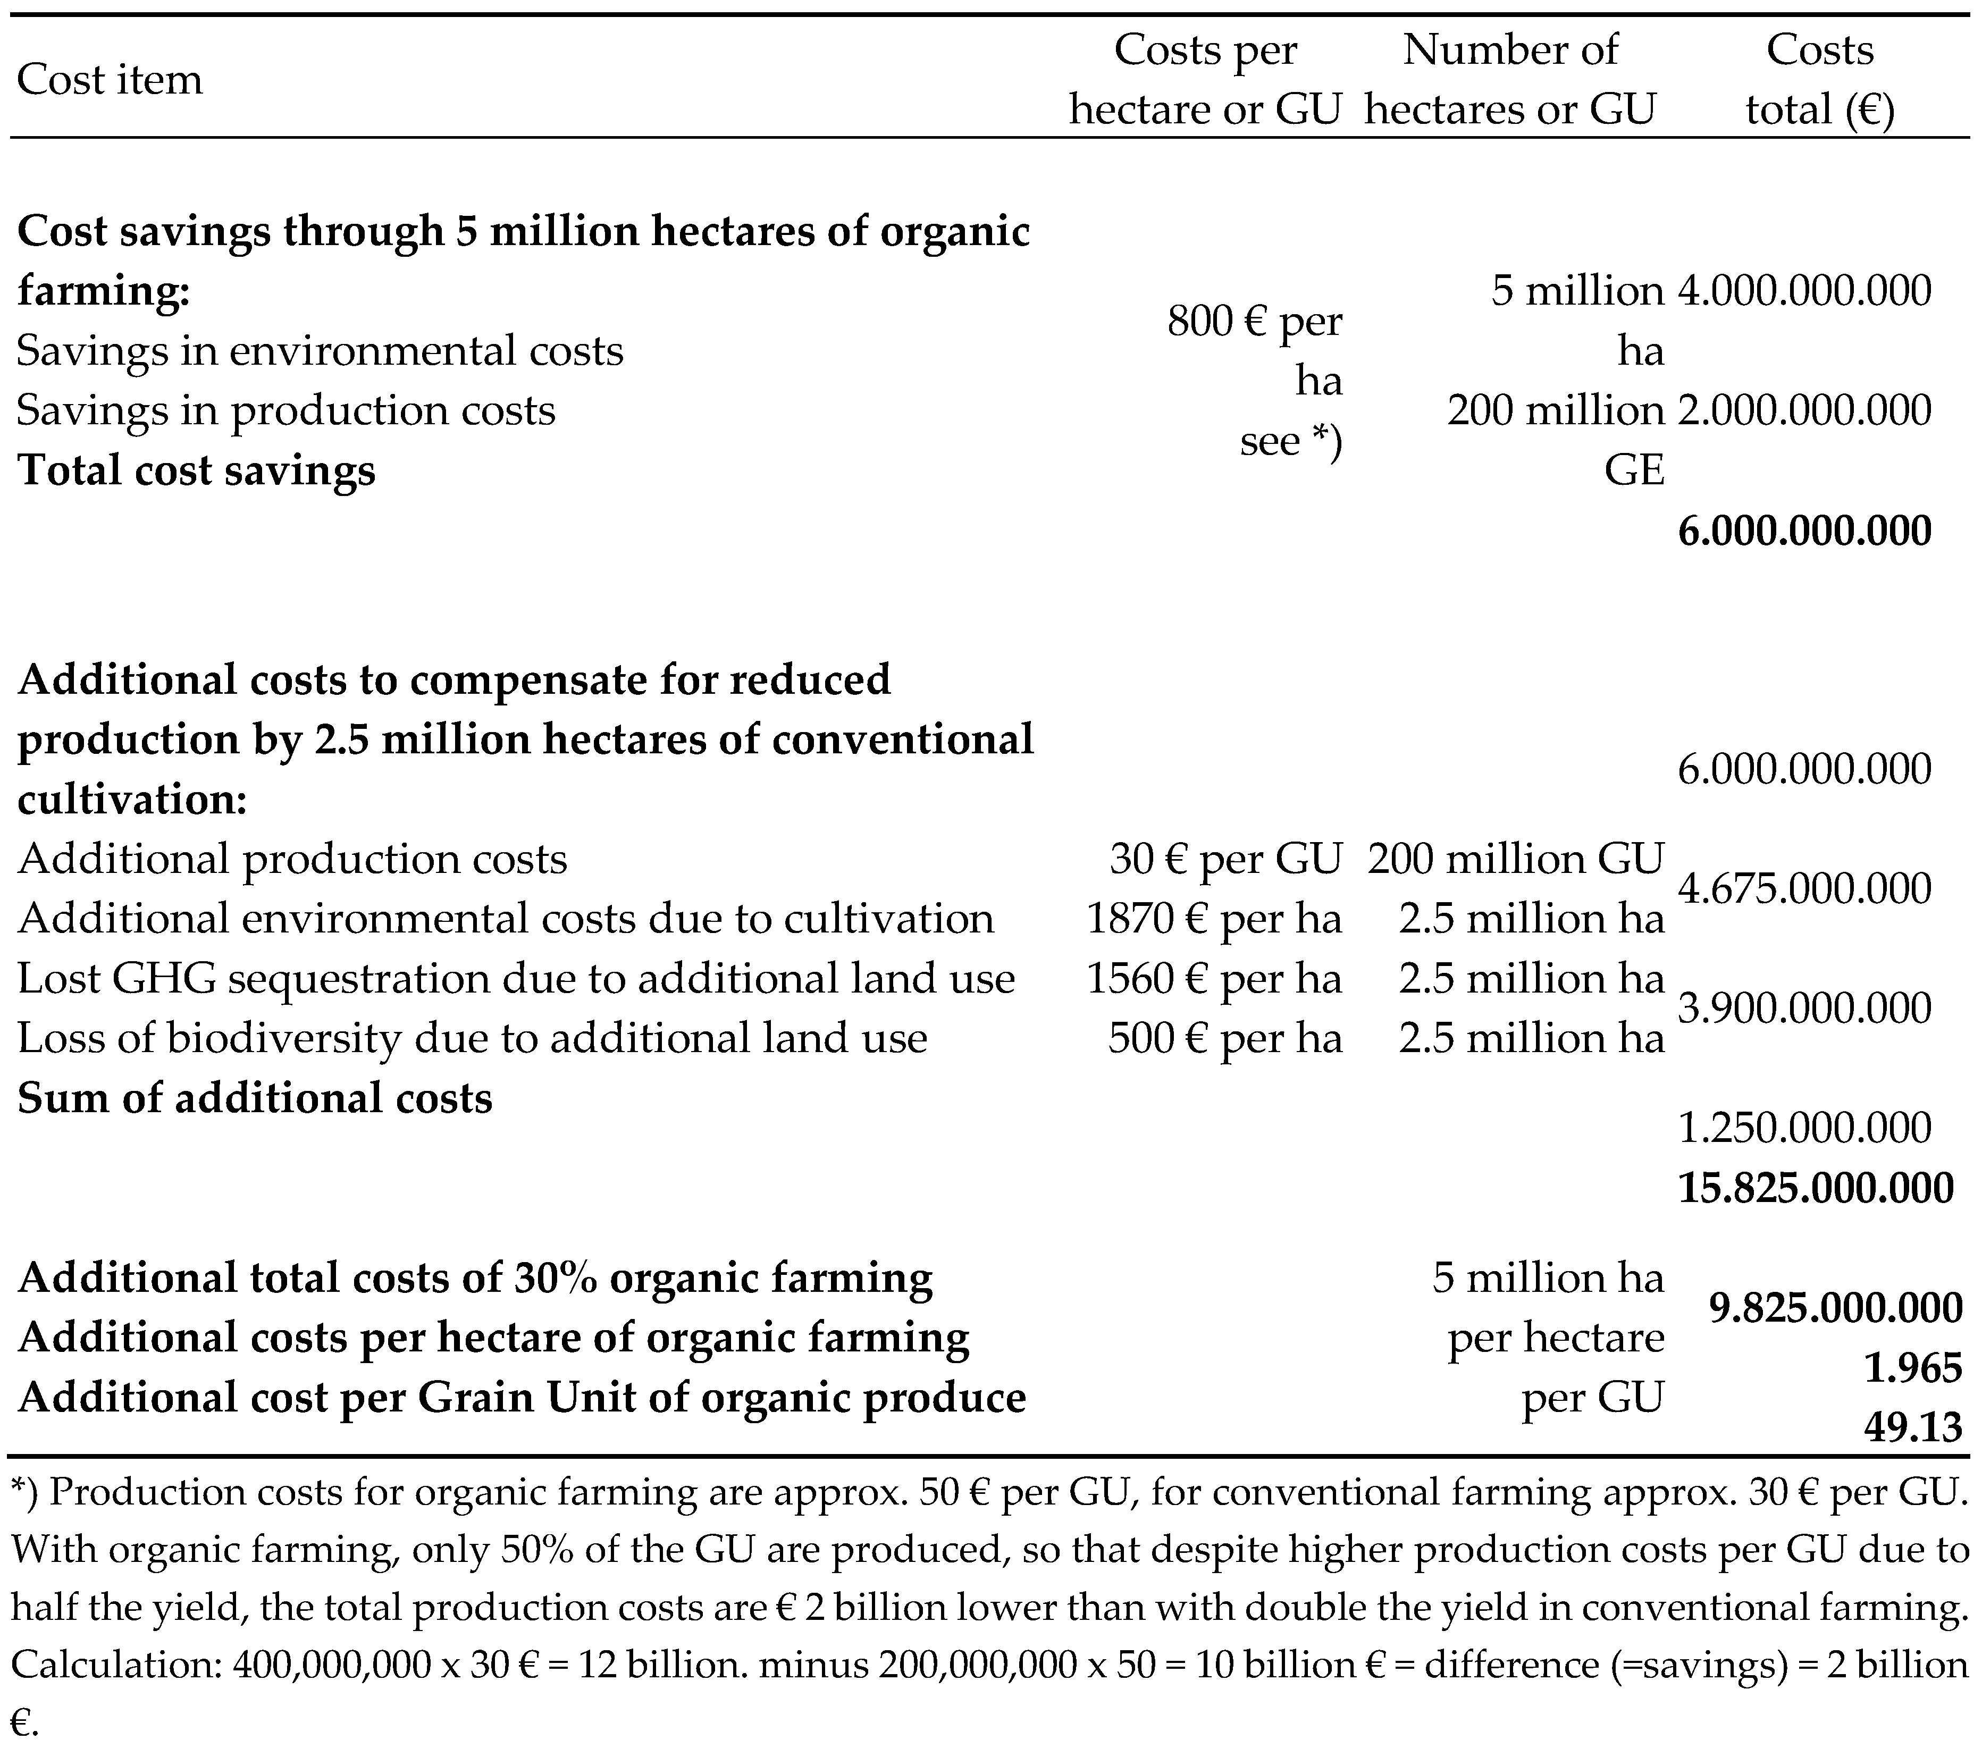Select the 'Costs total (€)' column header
(x=1819, y=80)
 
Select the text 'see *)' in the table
(x=1291, y=441)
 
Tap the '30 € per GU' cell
(x=1225, y=859)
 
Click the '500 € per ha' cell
(x=1225, y=1038)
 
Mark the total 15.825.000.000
(x=1815, y=1188)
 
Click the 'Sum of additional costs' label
(x=255, y=1098)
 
